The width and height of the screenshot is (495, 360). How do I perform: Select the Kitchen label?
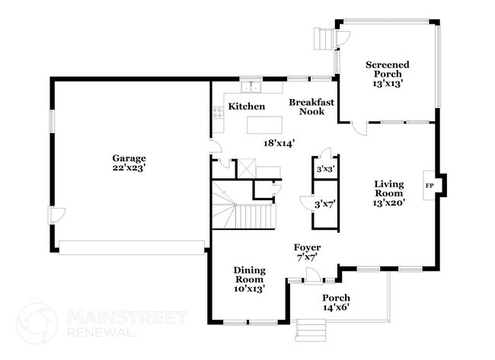247,107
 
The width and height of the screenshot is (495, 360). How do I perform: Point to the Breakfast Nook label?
308,107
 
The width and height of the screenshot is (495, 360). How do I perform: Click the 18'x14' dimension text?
279,142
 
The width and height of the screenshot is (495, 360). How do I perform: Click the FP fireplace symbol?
430,185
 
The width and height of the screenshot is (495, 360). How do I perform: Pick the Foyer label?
308,248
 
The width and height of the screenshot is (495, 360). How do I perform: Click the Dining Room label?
249,275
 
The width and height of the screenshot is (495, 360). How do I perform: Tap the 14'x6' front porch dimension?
336,307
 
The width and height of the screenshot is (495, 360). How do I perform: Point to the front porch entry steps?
310,330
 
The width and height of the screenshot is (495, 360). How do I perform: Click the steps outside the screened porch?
325,38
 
